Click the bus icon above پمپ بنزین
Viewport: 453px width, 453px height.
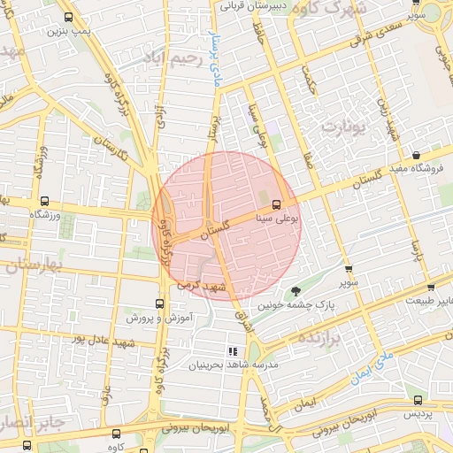point(69,17)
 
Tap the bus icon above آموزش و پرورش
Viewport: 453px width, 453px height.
point(159,303)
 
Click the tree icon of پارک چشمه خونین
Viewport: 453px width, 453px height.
point(296,291)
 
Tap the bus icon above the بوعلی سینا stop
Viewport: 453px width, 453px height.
point(277,201)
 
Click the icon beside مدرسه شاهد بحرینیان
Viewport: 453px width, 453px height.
point(233,351)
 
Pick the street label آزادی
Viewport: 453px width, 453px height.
point(159,118)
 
